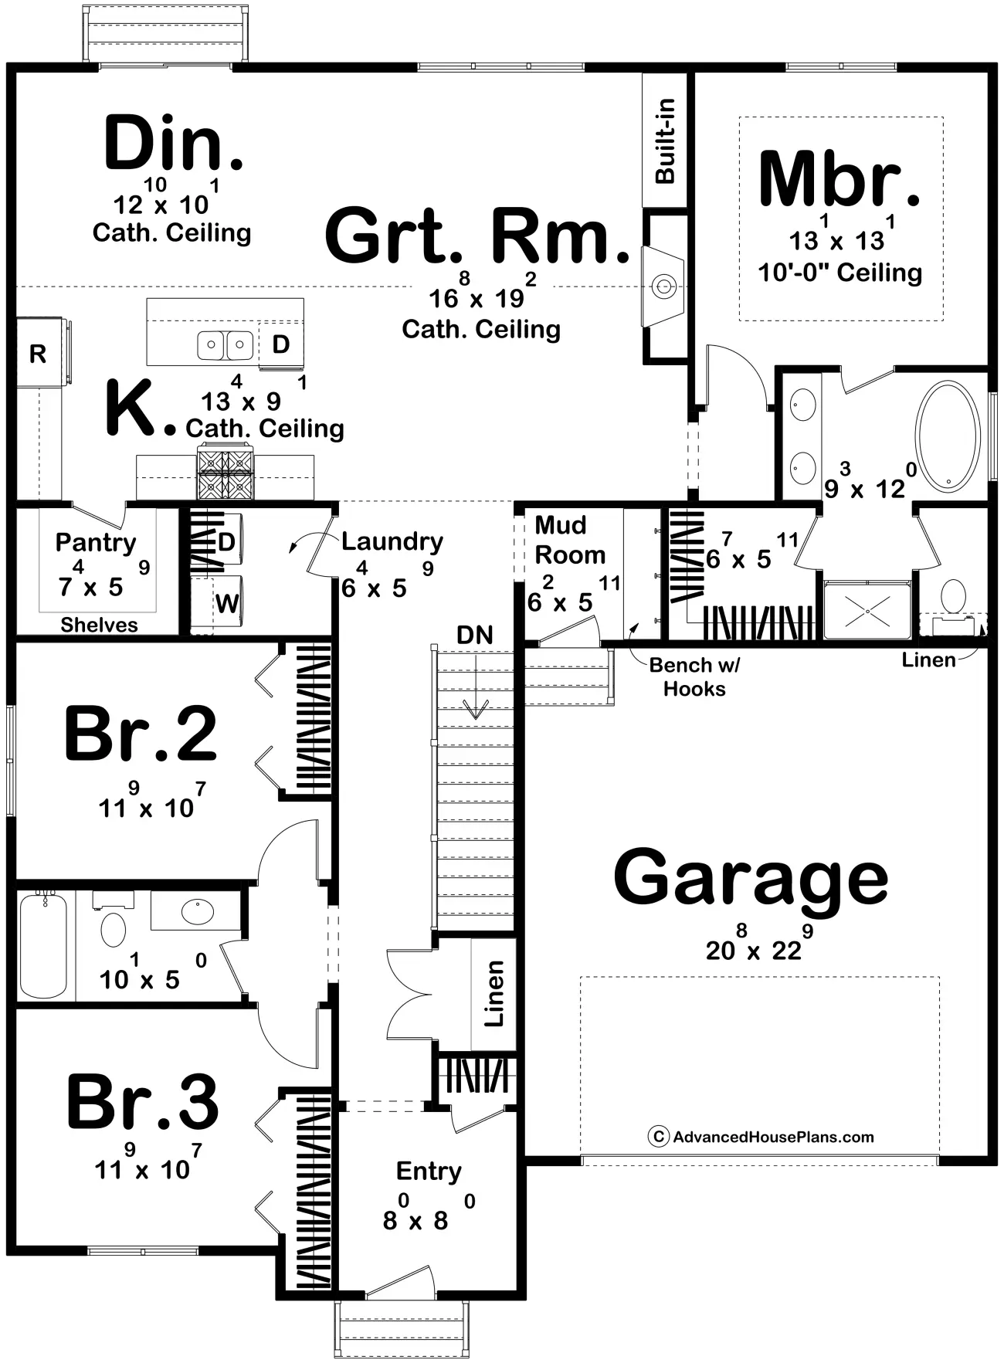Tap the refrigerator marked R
[x=39, y=352]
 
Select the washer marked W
[x=219, y=602]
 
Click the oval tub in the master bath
[x=950, y=436]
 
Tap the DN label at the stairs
[x=475, y=635]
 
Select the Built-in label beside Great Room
[x=665, y=141]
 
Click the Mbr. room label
[x=839, y=179]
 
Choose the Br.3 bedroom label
[x=143, y=1101]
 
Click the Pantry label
[x=96, y=543]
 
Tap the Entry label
[x=429, y=1172]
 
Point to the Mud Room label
[x=570, y=540]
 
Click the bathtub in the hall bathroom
[x=43, y=945]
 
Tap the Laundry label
[x=392, y=542]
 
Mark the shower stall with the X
[x=867, y=610]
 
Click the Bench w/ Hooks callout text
[x=694, y=676]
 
